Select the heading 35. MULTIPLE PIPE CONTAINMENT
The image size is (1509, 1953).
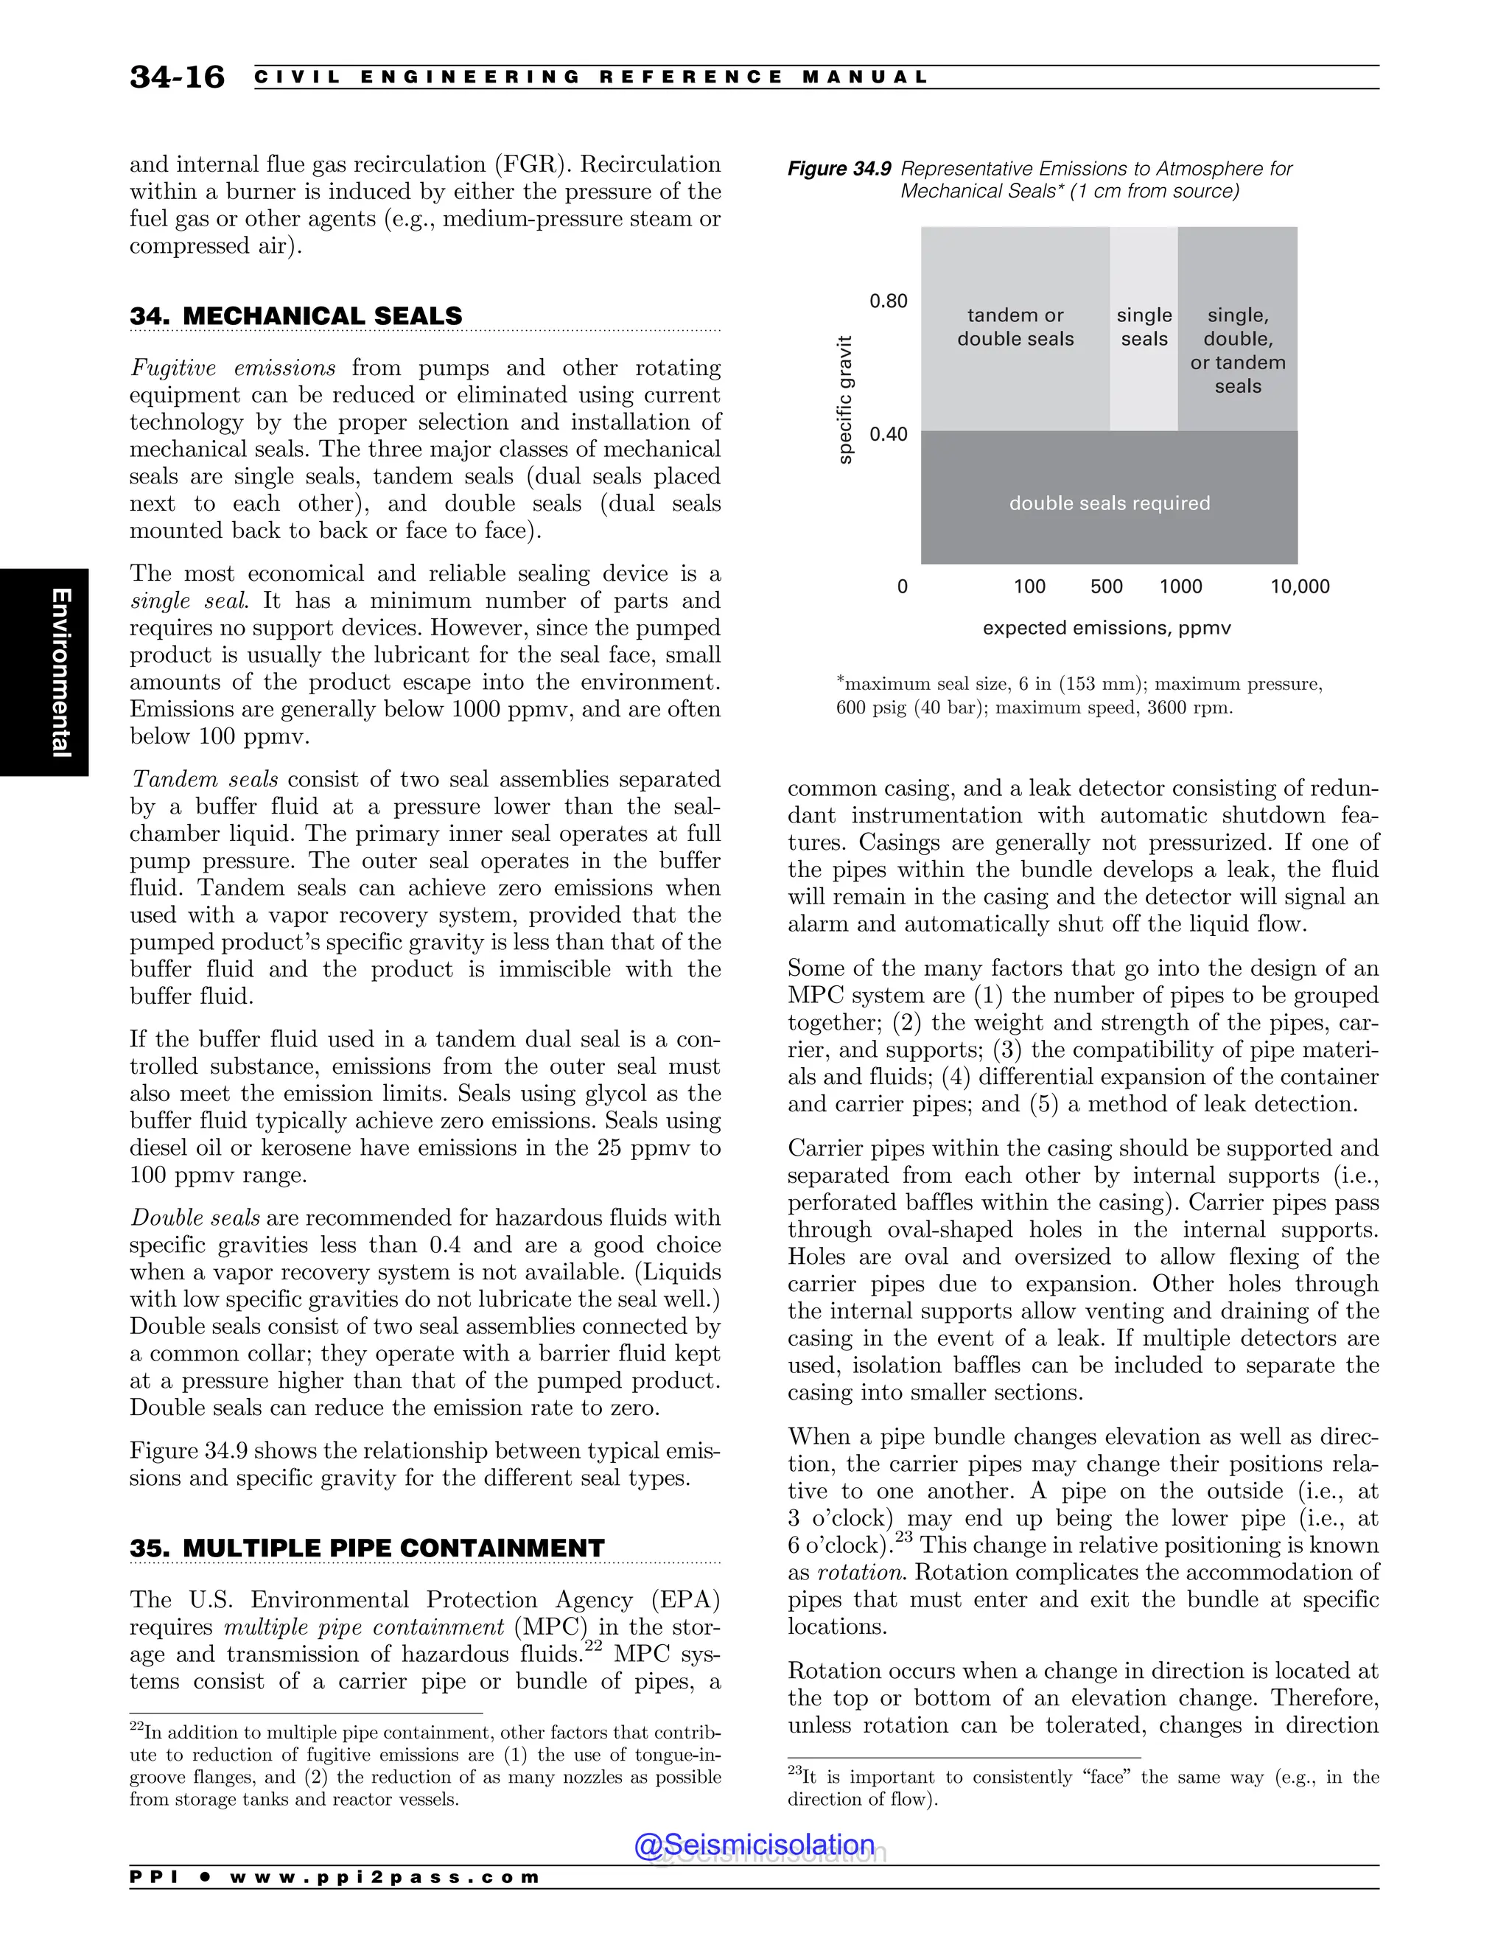(x=366, y=1548)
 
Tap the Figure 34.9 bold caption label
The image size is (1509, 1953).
(x=839, y=169)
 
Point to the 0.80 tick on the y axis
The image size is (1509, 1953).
(x=888, y=301)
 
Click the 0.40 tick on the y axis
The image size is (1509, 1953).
(x=888, y=435)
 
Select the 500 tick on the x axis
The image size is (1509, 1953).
(x=1106, y=587)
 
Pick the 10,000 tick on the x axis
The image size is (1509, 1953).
(x=1299, y=587)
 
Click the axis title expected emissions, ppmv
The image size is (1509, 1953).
(x=1106, y=628)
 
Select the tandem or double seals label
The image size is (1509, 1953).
(x=1015, y=326)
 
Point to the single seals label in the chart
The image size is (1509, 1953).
(x=1144, y=326)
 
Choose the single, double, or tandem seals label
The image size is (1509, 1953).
(x=1237, y=351)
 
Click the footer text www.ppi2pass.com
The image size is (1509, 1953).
(x=385, y=1877)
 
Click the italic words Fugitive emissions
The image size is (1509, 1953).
(x=232, y=368)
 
